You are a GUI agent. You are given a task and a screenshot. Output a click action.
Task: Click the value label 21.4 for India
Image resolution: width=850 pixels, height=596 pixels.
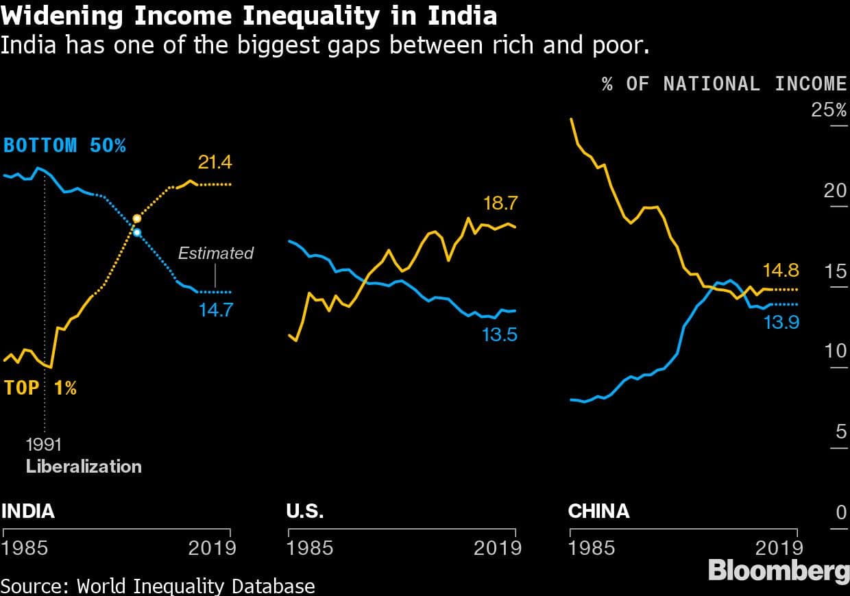(215, 162)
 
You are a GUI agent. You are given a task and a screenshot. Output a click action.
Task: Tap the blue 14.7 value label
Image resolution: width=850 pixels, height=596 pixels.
(216, 310)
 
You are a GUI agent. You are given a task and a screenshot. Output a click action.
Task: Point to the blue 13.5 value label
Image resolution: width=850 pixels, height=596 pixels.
(500, 335)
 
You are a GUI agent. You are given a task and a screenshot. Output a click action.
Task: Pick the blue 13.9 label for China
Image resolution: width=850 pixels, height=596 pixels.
(781, 321)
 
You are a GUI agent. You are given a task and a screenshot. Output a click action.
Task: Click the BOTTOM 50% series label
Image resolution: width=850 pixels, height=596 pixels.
(64, 145)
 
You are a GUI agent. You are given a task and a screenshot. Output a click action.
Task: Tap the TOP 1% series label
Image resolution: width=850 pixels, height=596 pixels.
(40, 388)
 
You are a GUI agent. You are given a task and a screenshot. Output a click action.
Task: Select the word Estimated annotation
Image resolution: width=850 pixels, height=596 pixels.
(215, 253)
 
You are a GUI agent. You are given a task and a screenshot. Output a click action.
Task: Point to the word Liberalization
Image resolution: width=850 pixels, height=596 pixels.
(84, 467)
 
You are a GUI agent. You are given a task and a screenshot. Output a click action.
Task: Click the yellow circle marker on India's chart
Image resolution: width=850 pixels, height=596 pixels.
(136, 219)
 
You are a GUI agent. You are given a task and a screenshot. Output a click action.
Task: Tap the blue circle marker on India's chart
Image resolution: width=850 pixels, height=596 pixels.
(137, 233)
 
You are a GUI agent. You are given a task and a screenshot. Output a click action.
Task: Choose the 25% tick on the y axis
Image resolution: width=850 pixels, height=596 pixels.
(829, 110)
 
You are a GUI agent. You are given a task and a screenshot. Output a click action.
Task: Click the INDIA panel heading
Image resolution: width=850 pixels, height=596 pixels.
(28, 511)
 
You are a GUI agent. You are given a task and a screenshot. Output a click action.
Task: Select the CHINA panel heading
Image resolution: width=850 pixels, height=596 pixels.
(598, 511)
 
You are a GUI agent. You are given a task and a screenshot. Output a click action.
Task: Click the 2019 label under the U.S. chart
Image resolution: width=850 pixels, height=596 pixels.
(498, 548)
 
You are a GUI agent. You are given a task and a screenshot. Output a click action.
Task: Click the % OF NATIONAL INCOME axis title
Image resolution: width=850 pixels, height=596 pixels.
(725, 84)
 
